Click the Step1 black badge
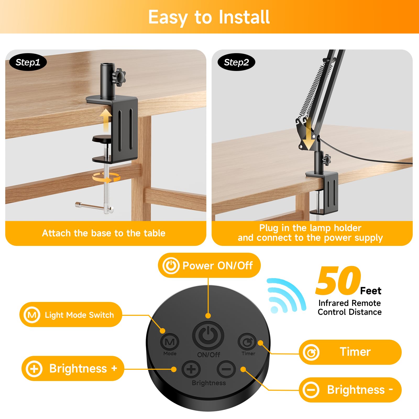28,62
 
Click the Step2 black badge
236,62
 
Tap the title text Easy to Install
209,17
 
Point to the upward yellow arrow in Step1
106,120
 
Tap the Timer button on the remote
247,342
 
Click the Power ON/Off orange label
209,265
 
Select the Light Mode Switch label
71,315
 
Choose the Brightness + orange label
73,368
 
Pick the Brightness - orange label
350,390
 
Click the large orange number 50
338,281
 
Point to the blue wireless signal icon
285,295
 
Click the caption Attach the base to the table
104,233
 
